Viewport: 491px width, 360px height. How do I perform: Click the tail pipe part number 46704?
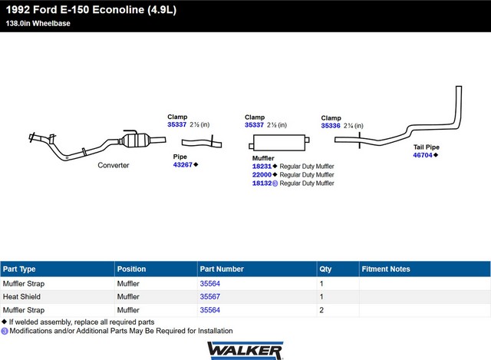[423, 155]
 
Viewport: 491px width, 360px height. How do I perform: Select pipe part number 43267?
[183, 164]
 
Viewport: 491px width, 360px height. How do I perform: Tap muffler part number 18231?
[262, 166]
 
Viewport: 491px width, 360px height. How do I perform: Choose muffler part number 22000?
[262, 174]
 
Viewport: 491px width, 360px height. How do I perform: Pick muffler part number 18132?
[262, 183]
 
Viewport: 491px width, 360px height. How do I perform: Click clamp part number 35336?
[331, 125]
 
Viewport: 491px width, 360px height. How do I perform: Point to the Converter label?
[114, 165]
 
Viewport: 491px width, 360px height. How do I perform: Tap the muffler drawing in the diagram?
[277, 144]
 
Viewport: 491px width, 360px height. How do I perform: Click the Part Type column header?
[19, 269]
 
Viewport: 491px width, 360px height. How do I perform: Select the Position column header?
[131, 269]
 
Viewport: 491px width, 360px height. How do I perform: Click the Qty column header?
[325, 269]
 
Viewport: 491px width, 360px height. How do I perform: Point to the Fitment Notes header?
[385, 269]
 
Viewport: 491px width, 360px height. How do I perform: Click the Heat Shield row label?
[21, 296]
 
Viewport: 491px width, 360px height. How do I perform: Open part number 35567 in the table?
[209, 296]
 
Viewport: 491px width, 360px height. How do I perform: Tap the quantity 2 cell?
[321, 310]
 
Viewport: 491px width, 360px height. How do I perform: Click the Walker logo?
[245, 349]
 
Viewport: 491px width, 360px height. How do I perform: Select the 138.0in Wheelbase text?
[36, 24]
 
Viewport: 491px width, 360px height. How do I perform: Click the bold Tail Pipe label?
[427, 147]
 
